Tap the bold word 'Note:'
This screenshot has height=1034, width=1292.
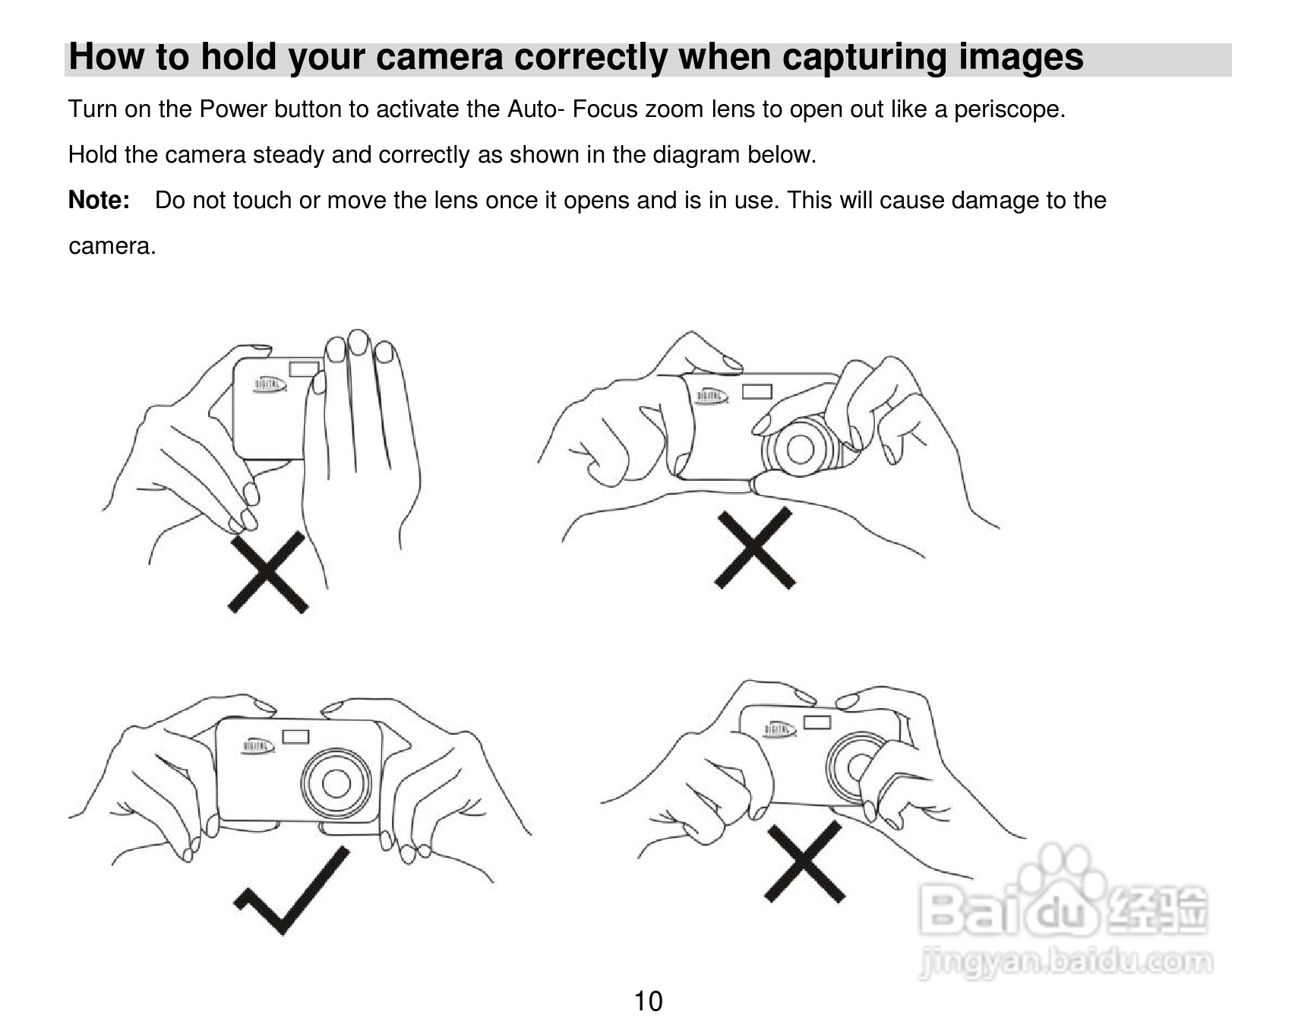pyautogui.click(x=99, y=201)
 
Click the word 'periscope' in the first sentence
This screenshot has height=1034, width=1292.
pyautogui.click(x=1007, y=110)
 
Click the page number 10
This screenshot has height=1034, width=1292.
pyautogui.click(x=648, y=1001)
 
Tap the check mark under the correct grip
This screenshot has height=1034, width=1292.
pyautogui.click(x=291, y=890)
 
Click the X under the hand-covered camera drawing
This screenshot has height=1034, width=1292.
pyautogui.click(x=268, y=571)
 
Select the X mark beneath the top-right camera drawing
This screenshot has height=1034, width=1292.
pyautogui.click(x=754, y=548)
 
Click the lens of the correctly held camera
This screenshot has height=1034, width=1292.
pyautogui.click(x=336, y=783)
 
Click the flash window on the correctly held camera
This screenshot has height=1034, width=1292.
pyautogui.click(x=295, y=736)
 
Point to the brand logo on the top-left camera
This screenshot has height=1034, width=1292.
pyautogui.click(x=270, y=386)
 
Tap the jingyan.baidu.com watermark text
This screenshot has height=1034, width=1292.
pyautogui.click(x=1066, y=963)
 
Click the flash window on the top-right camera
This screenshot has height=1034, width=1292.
pyautogui.click(x=757, y=391)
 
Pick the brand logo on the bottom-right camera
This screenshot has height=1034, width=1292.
pyautogui.click(x=780, y=730)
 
